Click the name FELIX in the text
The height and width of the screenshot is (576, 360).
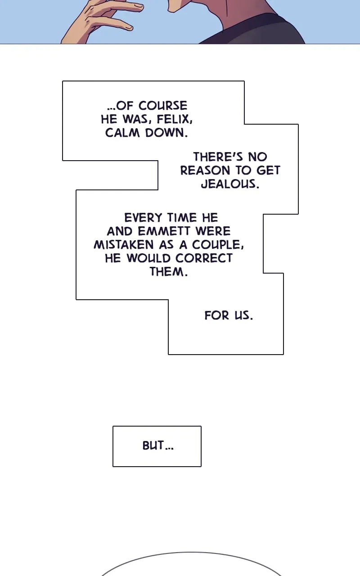click(174, 119)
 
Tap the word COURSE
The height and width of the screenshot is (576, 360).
click(163, 106)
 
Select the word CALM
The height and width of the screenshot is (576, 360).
click(122, 133)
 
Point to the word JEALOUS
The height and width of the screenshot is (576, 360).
click(230, 184)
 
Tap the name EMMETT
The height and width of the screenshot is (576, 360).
click(164, 231)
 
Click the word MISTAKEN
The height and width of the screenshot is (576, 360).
click(124, 244)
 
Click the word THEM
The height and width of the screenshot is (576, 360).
click(169, 271)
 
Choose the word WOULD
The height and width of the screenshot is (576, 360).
click(148, 258)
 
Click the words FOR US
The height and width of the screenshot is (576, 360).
click(229, 315)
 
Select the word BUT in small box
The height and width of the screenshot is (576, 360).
click(153, 445)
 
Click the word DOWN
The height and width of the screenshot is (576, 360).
click(166, 133)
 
